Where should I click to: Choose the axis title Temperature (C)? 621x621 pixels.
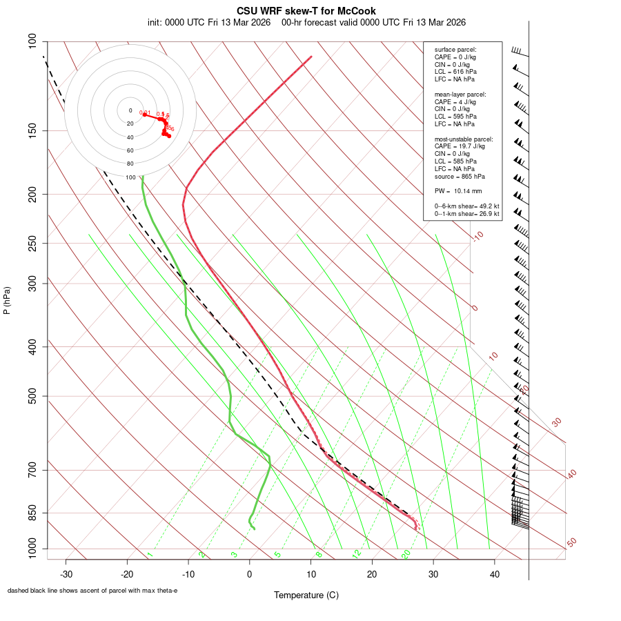[x=306, y=595]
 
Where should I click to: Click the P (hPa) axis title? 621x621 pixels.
[x=7, y=301]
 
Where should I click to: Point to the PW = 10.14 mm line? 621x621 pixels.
[x=458, y=190]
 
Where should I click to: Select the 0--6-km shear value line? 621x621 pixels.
[x=466, y=206]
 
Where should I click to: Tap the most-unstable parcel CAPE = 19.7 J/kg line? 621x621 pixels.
[x=460, y=146]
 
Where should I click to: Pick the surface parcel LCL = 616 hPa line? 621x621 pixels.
[x=455, y=71]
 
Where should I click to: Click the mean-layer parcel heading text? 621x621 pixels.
[x=460, y=94]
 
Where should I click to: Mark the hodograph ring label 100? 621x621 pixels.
[x=130, y=177]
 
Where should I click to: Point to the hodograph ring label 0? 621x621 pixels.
[x=130, y=110]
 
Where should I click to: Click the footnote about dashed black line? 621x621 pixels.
[x=92, y=591]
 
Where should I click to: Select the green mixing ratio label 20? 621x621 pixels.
[x=406, y=554]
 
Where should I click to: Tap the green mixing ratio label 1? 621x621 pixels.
[x=150, y=554]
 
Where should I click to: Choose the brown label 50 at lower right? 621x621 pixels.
[x=571, y=543]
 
